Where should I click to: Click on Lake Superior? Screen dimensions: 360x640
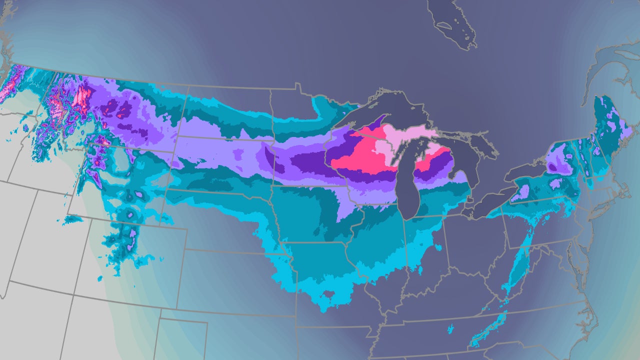pos(400,111)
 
